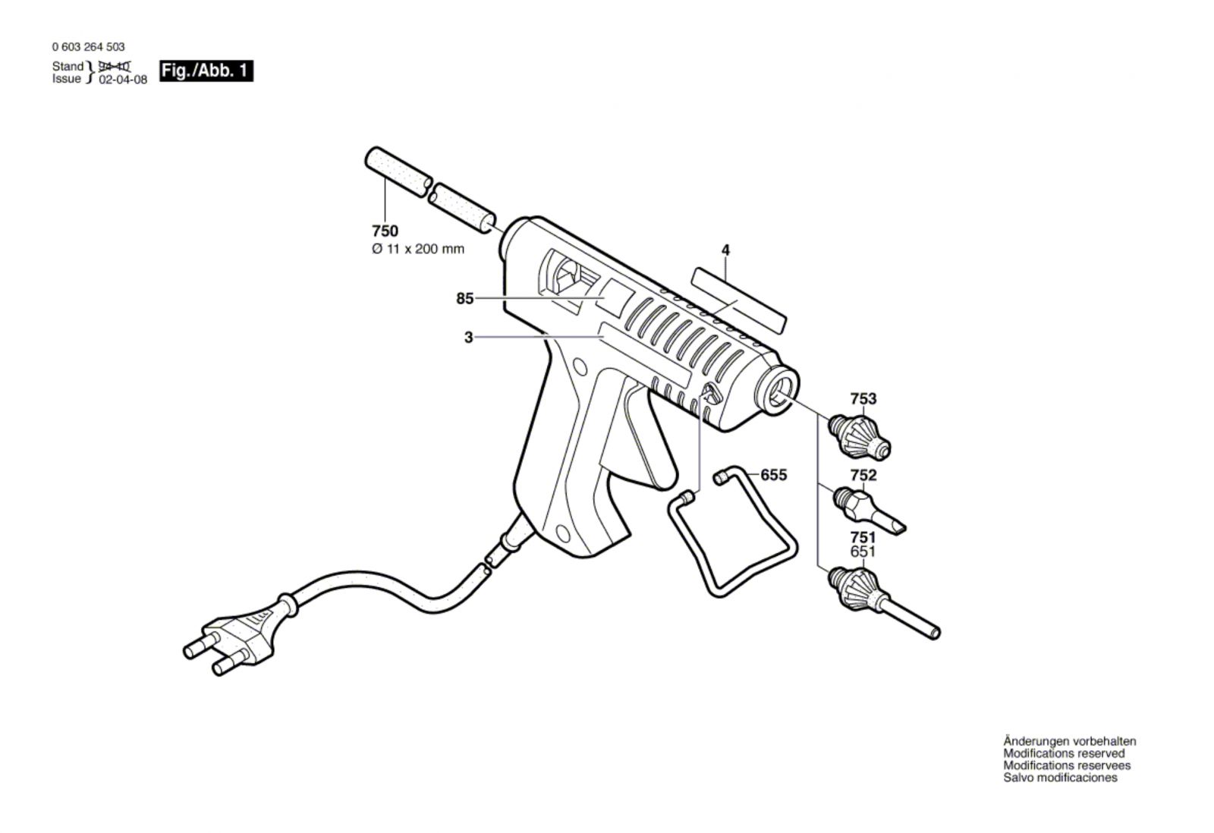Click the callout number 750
point(385,231)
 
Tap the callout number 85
point(465,299)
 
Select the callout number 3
point(469,338)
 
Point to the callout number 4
point(725,250)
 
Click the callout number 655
point(773,476)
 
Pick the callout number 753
point(863,399)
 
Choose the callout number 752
point(863,476)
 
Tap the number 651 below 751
point(863,552)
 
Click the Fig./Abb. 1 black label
point(206,71)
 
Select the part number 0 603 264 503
point(88,47)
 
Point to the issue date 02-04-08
point(123,80)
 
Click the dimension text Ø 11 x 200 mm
point(418,250)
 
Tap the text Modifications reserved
point(1064,753)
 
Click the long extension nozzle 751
point(883,602)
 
